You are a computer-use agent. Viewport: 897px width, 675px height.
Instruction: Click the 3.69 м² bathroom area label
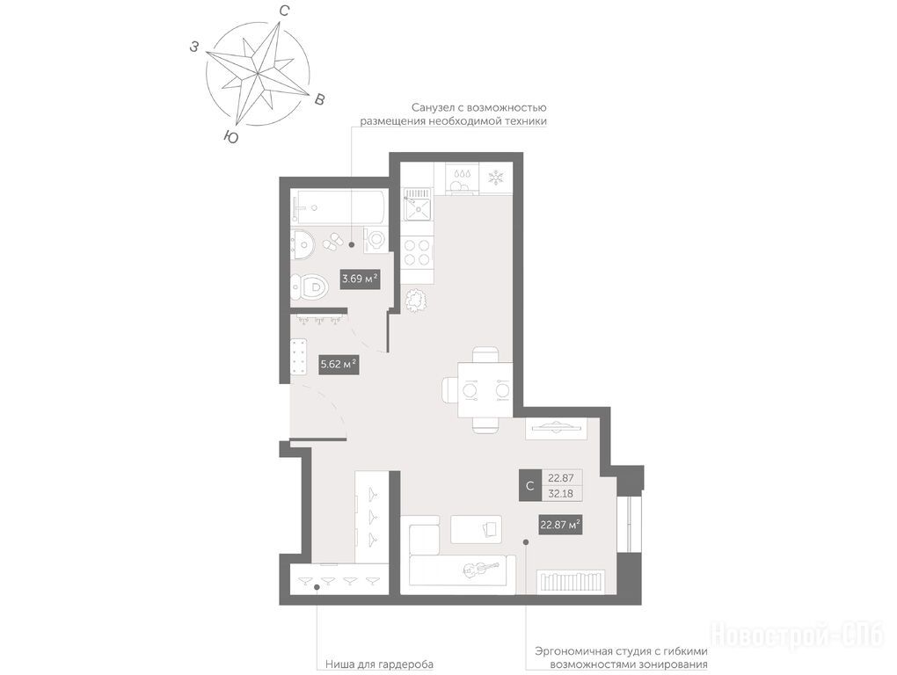[x=360, y=279]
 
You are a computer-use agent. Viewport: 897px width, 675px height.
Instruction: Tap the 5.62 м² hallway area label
[x=339, y=364]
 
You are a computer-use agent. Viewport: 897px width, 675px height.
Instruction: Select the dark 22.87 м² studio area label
[x=561, y=524]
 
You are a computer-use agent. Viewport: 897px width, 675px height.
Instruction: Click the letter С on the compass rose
[x=283, y=11]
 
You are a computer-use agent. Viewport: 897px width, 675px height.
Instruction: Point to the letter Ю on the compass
[x=230, y=136]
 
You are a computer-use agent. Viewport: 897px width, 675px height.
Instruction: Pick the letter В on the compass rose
[x=320, y=99]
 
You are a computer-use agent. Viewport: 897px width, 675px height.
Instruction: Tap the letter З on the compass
[x=195, y=47]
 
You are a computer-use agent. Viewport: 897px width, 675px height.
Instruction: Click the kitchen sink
[x=418, y=205]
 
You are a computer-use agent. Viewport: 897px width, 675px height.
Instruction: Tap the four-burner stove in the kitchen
[x=417, y=252]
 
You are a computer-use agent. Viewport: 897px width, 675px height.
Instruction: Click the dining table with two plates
[x=485, y=391]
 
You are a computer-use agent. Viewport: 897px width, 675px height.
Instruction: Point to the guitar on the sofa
[x=480, y=569]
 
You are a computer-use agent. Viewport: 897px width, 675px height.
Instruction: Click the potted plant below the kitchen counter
[x=417, y=299]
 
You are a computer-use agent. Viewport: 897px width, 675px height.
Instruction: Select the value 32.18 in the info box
[x=561, y=494]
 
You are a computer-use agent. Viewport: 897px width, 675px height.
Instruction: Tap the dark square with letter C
[x=529, y=486]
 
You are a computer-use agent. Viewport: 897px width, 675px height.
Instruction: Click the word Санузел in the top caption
[x=434, y=107]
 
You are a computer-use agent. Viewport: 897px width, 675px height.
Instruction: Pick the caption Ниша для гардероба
[x=379, y=664]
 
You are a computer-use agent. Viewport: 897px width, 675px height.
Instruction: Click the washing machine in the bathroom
[x=375, y=238]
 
